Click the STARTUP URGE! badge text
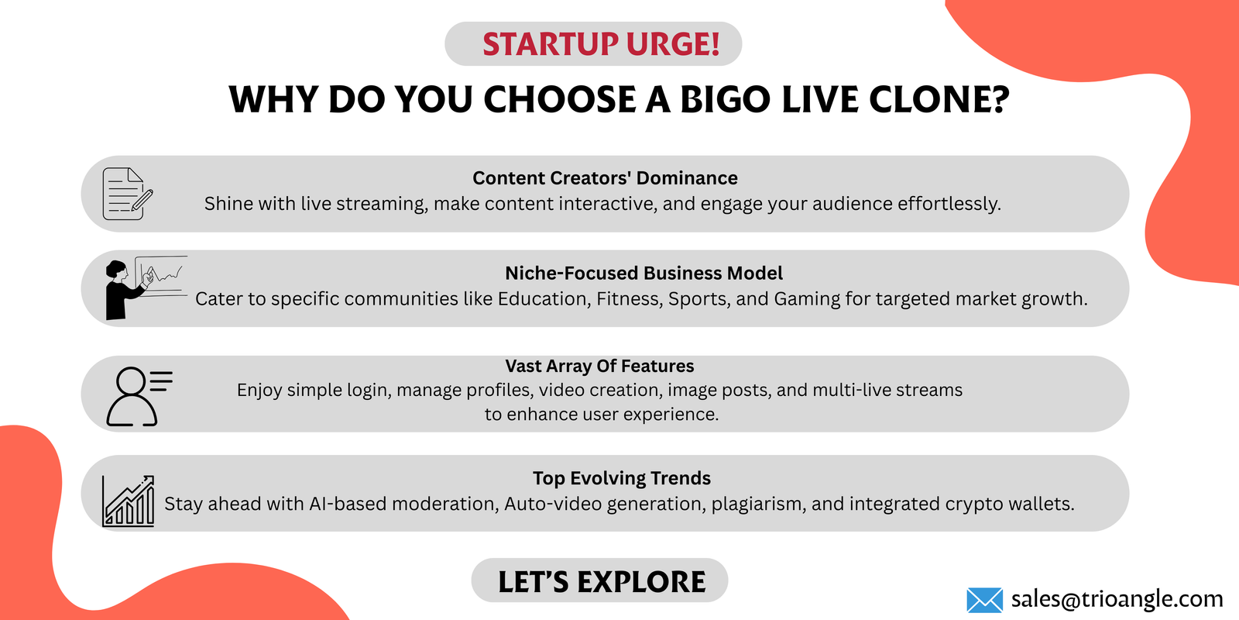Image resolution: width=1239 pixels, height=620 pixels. point(601,44)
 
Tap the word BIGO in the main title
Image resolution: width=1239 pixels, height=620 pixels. point(725,100)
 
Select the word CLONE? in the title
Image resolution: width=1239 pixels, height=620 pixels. point(939,100)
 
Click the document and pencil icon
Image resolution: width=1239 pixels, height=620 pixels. point(128,194)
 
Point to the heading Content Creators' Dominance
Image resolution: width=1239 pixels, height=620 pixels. point(605,178)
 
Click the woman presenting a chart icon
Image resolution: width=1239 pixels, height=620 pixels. point(146,288)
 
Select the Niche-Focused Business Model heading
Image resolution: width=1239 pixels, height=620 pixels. point(644,273)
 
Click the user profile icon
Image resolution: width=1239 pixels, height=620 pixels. point(139,396)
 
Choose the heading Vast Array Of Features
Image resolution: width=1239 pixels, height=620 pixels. point(599,366)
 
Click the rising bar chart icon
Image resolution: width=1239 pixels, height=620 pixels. point(128,501)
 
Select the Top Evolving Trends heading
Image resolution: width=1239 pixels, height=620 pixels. point(621,478)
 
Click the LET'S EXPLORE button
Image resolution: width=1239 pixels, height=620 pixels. point(599,580)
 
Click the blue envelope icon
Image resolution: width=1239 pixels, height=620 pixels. point(984,600)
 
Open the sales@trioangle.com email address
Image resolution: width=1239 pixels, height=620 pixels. point(1116,599)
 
